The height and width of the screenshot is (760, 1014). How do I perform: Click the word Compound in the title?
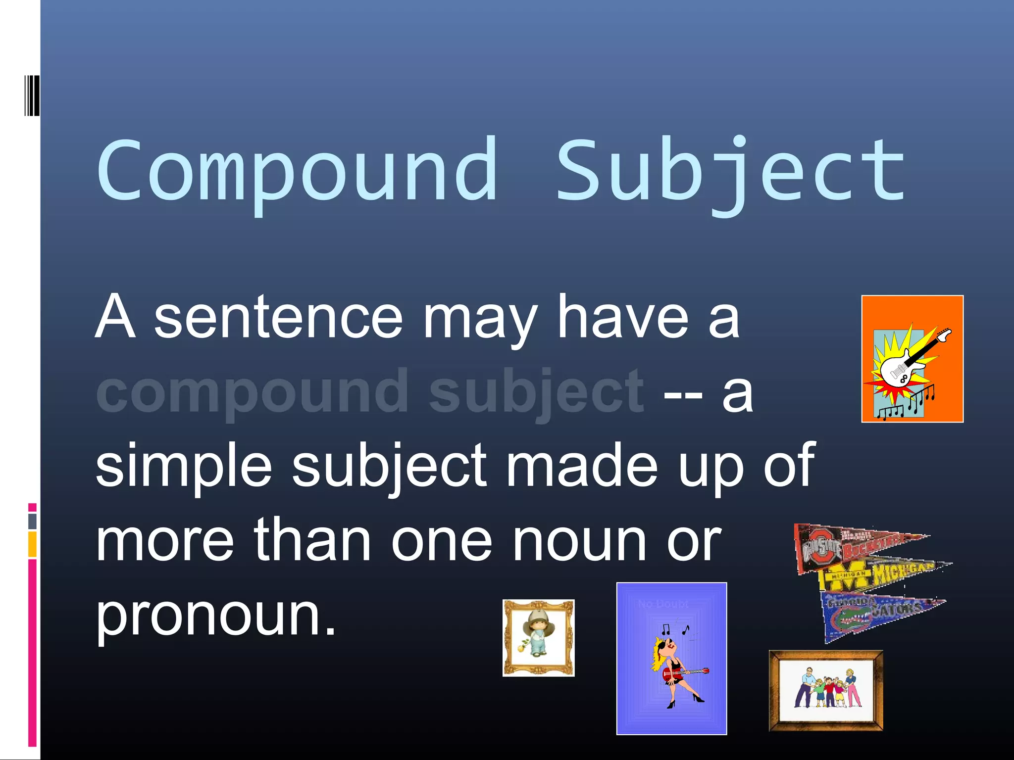[x=297, y=171]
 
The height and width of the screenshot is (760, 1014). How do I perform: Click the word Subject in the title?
[x=730, y=171]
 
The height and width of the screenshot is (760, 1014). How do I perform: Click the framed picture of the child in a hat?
[x=538, y=638]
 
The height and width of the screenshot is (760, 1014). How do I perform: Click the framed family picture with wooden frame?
[x=826, y=691]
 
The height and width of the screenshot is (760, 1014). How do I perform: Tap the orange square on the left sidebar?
[x=32, y=544]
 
